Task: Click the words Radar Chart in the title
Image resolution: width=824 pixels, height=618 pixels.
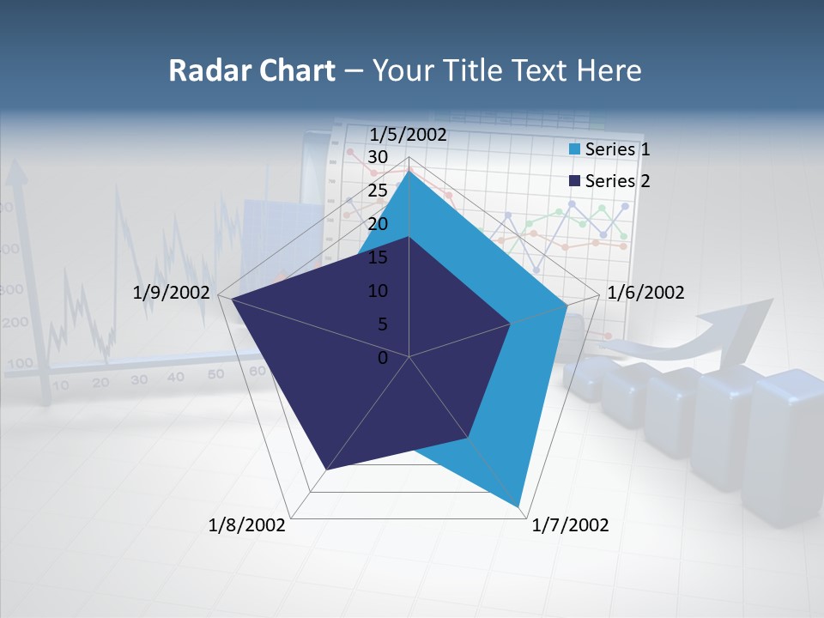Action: (x=251, y=70)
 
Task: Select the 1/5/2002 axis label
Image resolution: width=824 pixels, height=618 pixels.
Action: (x=408, y=135)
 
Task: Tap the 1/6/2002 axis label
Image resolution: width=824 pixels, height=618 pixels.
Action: (x=645, y=293)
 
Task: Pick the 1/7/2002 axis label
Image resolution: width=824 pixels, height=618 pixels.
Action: (x=570, y=525)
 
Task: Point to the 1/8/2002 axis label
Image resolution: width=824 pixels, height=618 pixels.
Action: (x=247, y=525)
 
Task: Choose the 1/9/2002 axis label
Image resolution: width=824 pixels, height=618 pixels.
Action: (x=172, y=293)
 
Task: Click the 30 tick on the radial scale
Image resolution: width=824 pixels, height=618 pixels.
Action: (x=377, y=157)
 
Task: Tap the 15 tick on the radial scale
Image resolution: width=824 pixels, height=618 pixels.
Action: (x=377, y=257)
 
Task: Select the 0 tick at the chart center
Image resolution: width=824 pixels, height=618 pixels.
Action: (x=383, y=358)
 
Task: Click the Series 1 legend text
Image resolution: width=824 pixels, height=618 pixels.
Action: (x=617, y=149)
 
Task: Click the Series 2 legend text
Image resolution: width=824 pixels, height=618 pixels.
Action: (x=617, y=181)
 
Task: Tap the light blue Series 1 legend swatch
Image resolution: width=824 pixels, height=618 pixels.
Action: (x=575, y=149)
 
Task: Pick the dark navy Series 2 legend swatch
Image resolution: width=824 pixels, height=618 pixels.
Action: (x=575, y=181)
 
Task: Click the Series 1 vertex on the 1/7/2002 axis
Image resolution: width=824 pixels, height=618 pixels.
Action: (x=518, y=506)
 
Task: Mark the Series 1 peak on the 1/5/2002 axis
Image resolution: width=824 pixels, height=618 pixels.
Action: (x=409, y=169)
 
